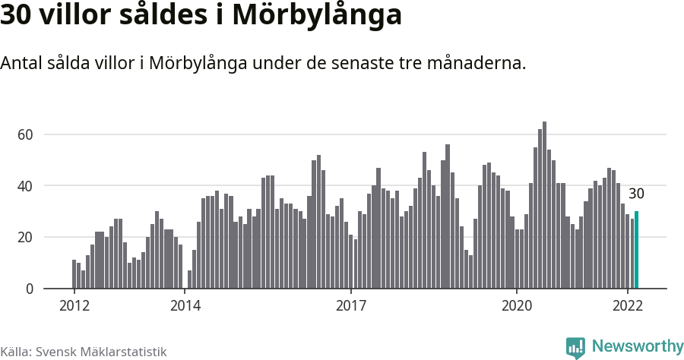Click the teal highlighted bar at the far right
click(636, 250)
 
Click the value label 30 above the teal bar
click(636, 194)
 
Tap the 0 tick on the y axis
click(30, 289)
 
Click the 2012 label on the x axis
click(74, 306)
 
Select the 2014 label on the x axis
click(185, 306)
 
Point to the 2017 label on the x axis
click(351, 306)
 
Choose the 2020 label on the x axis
click(517, 306)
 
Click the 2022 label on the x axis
click(628, 306)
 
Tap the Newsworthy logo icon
click(575, 347)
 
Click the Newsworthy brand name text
click(637, 346)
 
